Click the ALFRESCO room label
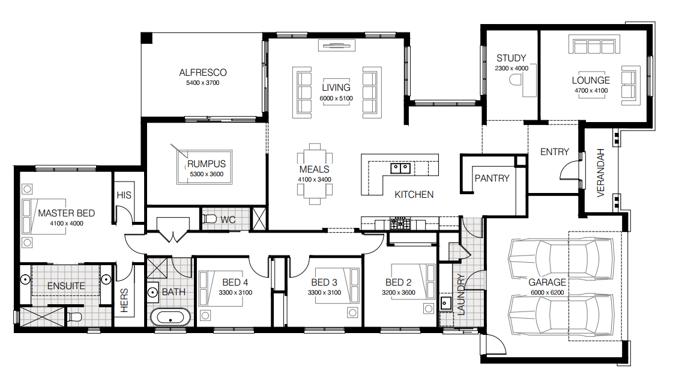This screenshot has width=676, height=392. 203,73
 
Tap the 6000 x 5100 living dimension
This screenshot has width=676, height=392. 336,99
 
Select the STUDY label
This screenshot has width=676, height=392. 512,58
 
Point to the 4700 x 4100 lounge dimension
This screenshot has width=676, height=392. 591,91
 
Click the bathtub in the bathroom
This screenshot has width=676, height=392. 171,317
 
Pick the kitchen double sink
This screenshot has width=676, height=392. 400,168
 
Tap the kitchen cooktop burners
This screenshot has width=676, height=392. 400,224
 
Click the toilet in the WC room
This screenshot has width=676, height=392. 210,218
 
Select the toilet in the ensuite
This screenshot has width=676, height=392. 74,317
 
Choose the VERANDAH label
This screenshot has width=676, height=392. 600,173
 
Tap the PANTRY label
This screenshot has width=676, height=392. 492,179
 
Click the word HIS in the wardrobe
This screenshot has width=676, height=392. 124,195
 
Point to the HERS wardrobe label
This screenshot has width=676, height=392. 124,301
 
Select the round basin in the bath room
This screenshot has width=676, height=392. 152,292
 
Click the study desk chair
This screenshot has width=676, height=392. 515,80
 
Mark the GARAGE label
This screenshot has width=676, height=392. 547,283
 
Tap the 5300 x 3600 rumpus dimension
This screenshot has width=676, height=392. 207,174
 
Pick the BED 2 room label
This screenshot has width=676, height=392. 399,283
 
